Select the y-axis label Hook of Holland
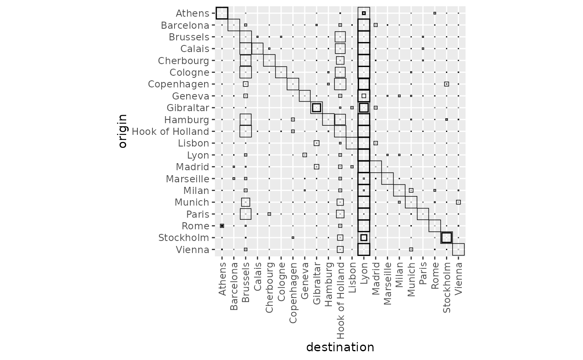170,132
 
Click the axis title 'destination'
340,347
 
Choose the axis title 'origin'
122,132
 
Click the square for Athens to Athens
222,13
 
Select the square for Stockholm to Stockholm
446,238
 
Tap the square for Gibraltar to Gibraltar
316,108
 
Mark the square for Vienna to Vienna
458,250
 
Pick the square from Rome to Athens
222,226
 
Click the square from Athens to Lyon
364,13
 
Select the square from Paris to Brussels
246,214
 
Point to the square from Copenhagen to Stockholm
446,84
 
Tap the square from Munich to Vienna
458,202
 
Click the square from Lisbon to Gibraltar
316,143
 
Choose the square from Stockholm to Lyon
364,238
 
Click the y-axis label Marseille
187,179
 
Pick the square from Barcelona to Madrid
376,25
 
